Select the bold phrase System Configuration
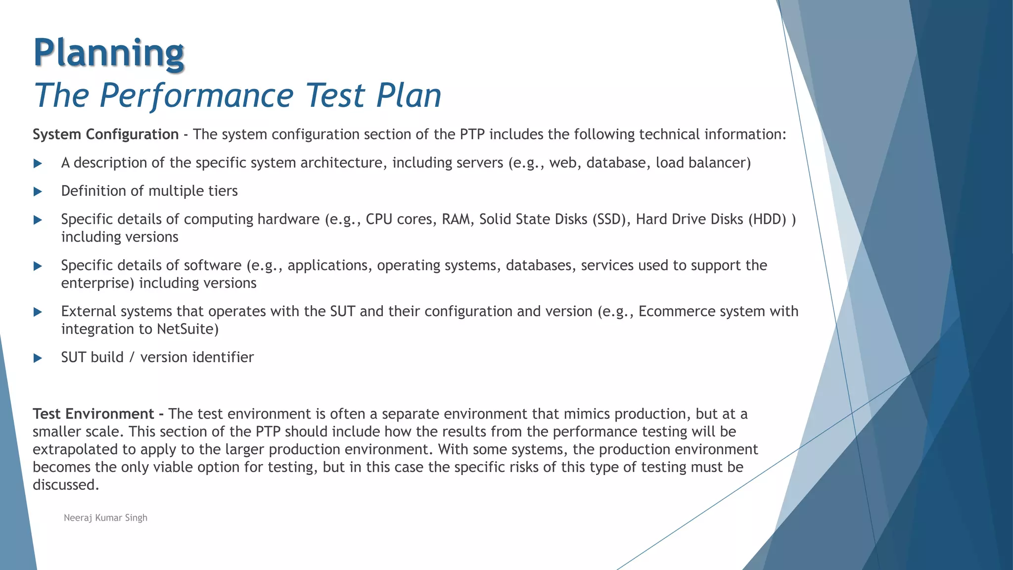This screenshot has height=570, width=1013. pyautogui.click(x=105, y=135)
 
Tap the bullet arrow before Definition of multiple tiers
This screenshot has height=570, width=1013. pyautogui.click(x=38, y=191)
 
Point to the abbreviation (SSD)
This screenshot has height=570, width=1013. pyautogui.click(x=611, y=219)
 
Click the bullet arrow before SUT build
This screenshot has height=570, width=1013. pyautogui.click(x=38, y=358)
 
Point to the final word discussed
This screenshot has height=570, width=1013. pyautogui.click(x=66, y=485)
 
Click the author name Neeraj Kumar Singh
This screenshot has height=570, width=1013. pyautogui.click(x=105, y=518)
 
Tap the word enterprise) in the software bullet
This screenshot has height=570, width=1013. pyautogui.click(x=97, y=283)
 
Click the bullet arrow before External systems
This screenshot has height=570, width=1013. pyautogui.click(x=38, y=312)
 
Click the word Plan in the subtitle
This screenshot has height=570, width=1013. pyautogui.click(x=409, y=95)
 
